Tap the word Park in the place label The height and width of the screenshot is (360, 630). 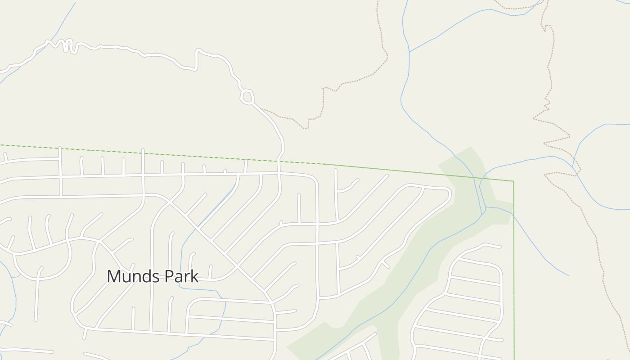[182, 276]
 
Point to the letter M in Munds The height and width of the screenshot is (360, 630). [114, 276]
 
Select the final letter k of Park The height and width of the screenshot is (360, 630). [194, 276]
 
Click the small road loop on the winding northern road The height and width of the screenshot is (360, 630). [247, 97]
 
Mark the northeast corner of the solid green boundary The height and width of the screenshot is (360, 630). [513, 181]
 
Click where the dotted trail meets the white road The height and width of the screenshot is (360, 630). [261, 109]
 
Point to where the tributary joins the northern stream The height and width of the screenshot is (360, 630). [409, 52]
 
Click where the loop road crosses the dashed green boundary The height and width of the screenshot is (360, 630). [279, 161]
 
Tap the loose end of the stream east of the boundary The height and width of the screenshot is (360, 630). [568, 275]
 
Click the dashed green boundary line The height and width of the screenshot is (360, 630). [135, 151]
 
